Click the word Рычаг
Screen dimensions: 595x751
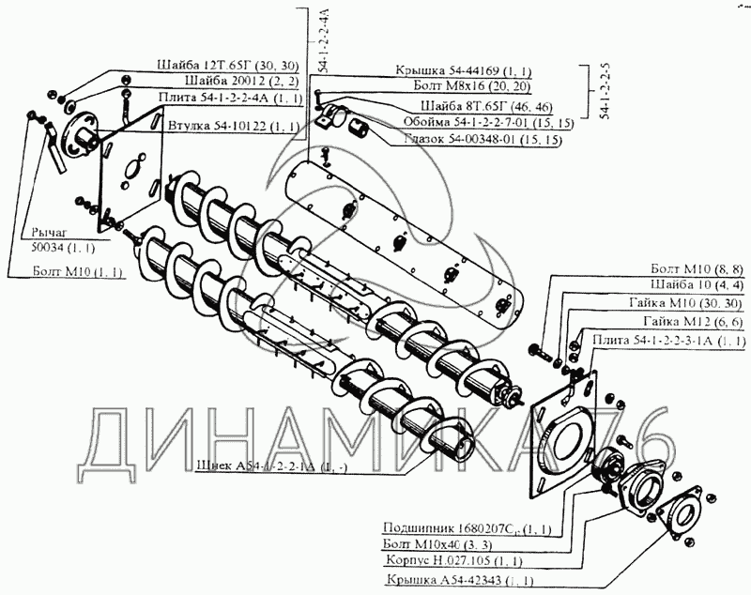[x=49, y=232]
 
